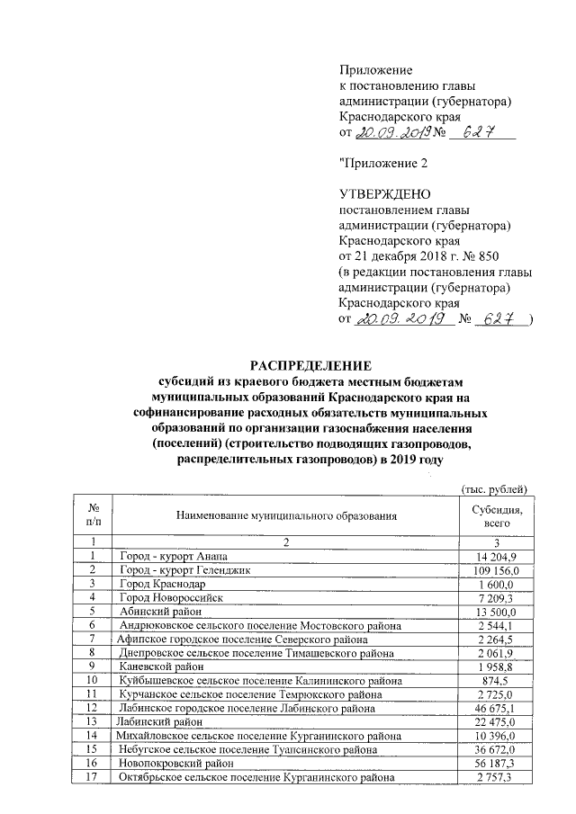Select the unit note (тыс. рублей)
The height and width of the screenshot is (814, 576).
coord(492,488)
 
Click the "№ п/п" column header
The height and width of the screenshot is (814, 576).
coord(93,514)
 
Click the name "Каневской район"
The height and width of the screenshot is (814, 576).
coord(163,666)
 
